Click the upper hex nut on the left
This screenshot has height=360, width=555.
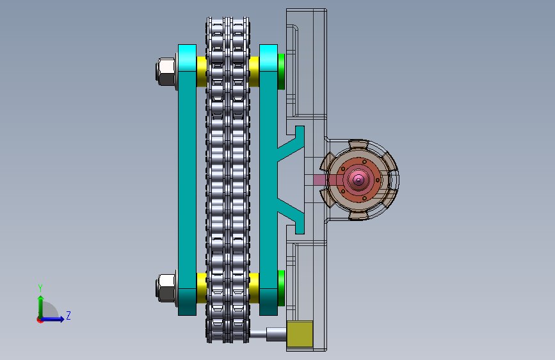(166, 72)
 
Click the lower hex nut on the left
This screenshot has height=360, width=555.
(166, 288)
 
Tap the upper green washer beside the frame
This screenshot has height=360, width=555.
(282, 72)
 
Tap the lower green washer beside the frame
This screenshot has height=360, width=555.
(282, 288)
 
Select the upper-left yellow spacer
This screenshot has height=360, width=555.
(202, 72)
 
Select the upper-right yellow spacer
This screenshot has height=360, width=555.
(253, 72)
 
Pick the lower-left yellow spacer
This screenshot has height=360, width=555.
(202, 288)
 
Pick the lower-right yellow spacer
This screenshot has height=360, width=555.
(253, 288)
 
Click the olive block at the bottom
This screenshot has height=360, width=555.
(300, 334)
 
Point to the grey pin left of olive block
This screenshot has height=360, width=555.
(268, 334)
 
